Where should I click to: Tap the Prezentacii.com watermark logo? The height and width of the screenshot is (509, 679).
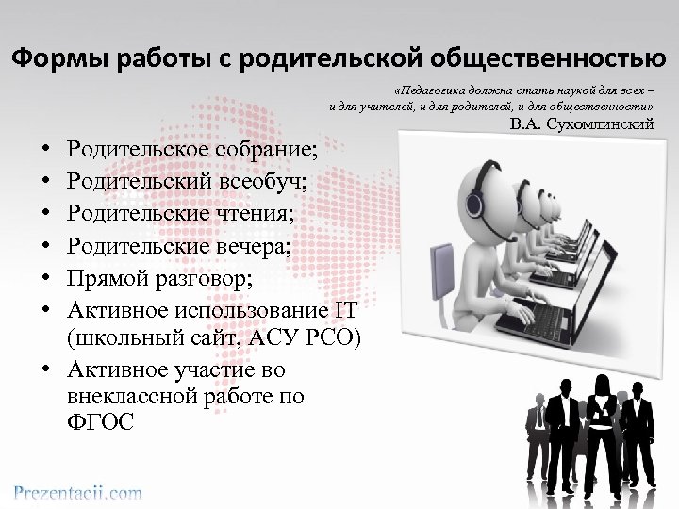coord(77,491)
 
